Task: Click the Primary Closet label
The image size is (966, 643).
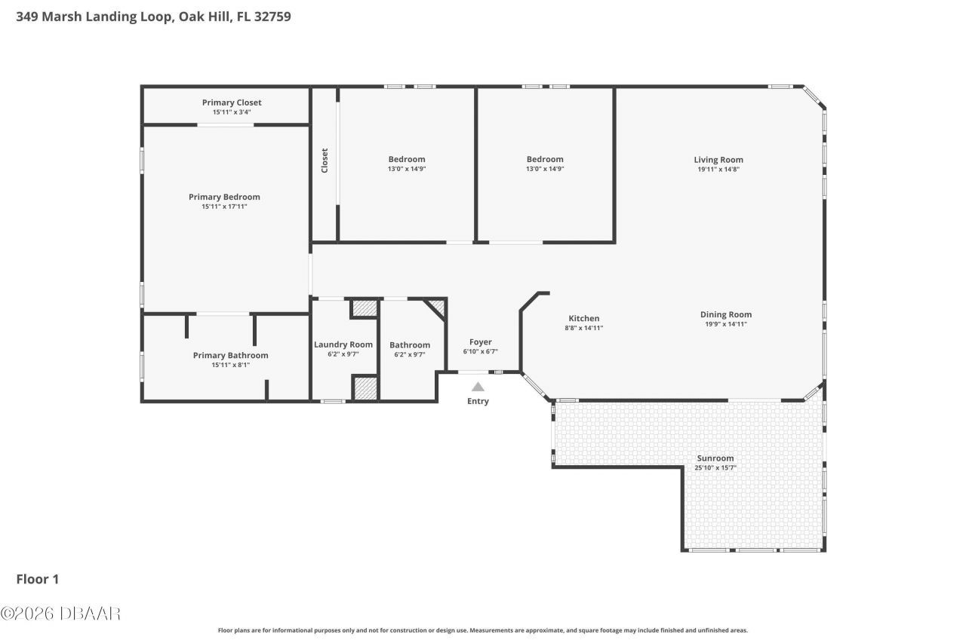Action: click(x=232, y=103)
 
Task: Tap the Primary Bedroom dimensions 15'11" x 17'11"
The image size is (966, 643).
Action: click(x=224, y=207)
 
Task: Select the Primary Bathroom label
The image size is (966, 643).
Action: click(x=230, y=355)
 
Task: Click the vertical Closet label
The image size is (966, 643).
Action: click(x=325, y=160)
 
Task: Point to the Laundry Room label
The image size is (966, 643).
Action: click(x=343, y=344)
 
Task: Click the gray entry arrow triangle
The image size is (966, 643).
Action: click(x=478, y=386)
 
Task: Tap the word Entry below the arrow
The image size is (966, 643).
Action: click(x=478, y=401)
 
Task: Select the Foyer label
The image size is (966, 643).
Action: click(x=480, y=342)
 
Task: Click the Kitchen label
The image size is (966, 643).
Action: click(x=583, y=318)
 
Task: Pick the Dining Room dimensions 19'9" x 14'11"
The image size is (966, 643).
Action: click(x=725, y=324)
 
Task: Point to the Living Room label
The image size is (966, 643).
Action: click(x=718, y=159)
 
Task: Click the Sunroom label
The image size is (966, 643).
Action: click(x=715, y=458)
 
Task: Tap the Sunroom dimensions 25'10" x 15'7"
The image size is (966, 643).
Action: click(x=715, y=467)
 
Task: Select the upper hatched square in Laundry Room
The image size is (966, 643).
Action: click(x=364, y=309)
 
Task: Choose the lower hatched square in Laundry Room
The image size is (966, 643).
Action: click(x=365, y=387)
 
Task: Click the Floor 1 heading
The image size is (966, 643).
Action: click(x=38, y=579)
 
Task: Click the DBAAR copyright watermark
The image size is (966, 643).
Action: click(x=60, y=614)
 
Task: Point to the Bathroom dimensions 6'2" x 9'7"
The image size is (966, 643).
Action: click(x=410, y=354)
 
